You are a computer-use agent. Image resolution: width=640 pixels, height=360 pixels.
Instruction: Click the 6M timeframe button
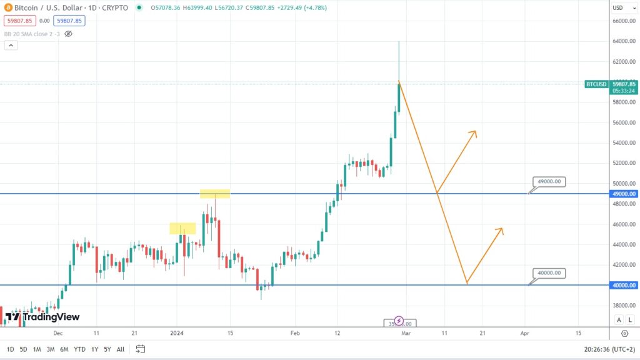tap(64, 349)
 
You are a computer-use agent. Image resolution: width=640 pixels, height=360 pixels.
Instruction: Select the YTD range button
tap(79, 349)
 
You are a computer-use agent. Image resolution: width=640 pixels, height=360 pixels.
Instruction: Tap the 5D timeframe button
tap(23, 349)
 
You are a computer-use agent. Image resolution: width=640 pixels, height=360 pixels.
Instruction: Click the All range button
tap(120, 349)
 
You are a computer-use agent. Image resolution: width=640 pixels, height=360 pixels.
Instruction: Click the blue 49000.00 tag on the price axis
tap(624, 194)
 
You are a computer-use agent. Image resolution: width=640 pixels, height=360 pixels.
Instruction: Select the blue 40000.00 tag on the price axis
tap(624, 285)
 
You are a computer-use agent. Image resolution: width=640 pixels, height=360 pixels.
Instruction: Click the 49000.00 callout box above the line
tap(549, 182)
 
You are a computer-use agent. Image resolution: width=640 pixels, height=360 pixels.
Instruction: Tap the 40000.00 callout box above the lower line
tap(549, 273)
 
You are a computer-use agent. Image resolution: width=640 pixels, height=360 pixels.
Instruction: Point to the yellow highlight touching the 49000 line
tap(215, 194)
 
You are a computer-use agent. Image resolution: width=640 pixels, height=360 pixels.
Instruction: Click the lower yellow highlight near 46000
tap(182, 229)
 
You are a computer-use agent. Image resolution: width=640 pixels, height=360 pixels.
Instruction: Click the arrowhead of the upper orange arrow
tap(475, 132)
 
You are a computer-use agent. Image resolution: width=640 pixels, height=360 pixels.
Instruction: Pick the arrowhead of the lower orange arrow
tap(502, 229)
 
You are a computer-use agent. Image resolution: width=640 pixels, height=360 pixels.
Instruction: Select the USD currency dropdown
tap(621, 7)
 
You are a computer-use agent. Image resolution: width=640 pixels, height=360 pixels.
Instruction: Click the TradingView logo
tap(42, 317)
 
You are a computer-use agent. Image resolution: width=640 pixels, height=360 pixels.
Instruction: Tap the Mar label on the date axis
tap(406, 333)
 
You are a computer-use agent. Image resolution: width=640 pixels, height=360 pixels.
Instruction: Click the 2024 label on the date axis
tap(177, 333)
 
